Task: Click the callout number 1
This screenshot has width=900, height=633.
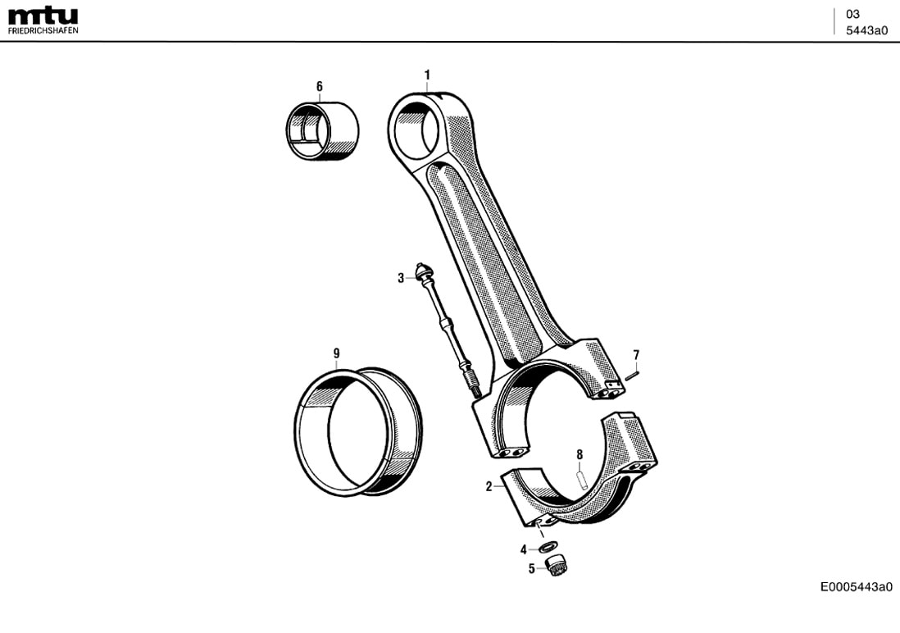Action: tap(427, 75)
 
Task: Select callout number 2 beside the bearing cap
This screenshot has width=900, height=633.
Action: tap(489, 486)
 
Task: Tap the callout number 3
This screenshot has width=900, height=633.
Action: tap(401, 278)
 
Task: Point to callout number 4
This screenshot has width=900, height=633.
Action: tap(524, 549)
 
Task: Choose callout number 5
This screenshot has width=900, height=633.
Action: tap(531, 567)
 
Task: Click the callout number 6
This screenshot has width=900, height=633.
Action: tap(320, 86)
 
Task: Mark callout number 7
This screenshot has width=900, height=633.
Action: tap(635, 354)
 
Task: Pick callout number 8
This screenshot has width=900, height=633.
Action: tap(580, 454)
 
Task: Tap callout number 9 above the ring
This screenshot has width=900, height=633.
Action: tap(336, 353)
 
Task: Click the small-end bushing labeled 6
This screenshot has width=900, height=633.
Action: tap(324, 131)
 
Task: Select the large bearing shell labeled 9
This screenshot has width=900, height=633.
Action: tap(358, 432)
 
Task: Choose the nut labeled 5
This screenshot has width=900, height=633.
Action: tap(557, 565)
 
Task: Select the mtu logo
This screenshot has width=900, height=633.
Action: tap(43, 16)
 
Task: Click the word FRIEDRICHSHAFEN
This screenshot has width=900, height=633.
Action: tap(43, 30)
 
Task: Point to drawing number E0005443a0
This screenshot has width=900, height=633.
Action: tap(856, 586)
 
